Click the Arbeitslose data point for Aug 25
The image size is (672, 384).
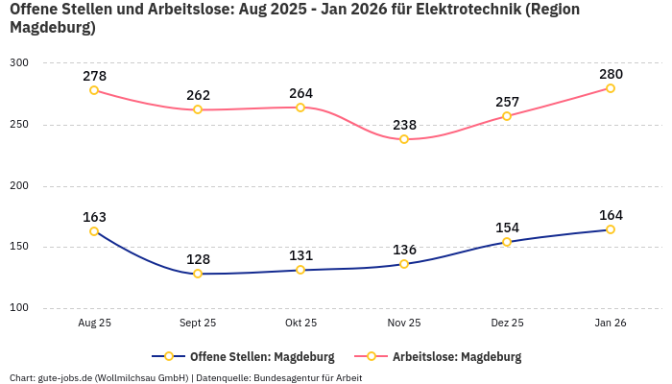pos(94,90)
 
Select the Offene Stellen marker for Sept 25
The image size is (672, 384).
pos(198,274)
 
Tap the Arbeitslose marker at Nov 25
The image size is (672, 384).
pos(404,139)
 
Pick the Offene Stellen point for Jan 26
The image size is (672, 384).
pos(611,229)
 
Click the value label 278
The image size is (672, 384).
pos(94,76)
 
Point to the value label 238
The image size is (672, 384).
pos(404,125)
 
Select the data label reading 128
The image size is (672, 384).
pos(198,259)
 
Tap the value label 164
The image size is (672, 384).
pos(611,215)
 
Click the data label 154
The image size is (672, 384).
pos(507,228)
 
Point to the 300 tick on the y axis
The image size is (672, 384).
pos(19,63)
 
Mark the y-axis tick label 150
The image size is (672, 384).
pos(19,247)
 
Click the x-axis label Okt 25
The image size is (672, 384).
pos(300,324)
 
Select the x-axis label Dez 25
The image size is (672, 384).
pos(507,324)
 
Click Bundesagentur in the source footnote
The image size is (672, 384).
pos(286,377)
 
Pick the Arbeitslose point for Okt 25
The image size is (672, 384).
pos(300,108)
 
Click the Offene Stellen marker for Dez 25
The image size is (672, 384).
pos(507,242)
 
